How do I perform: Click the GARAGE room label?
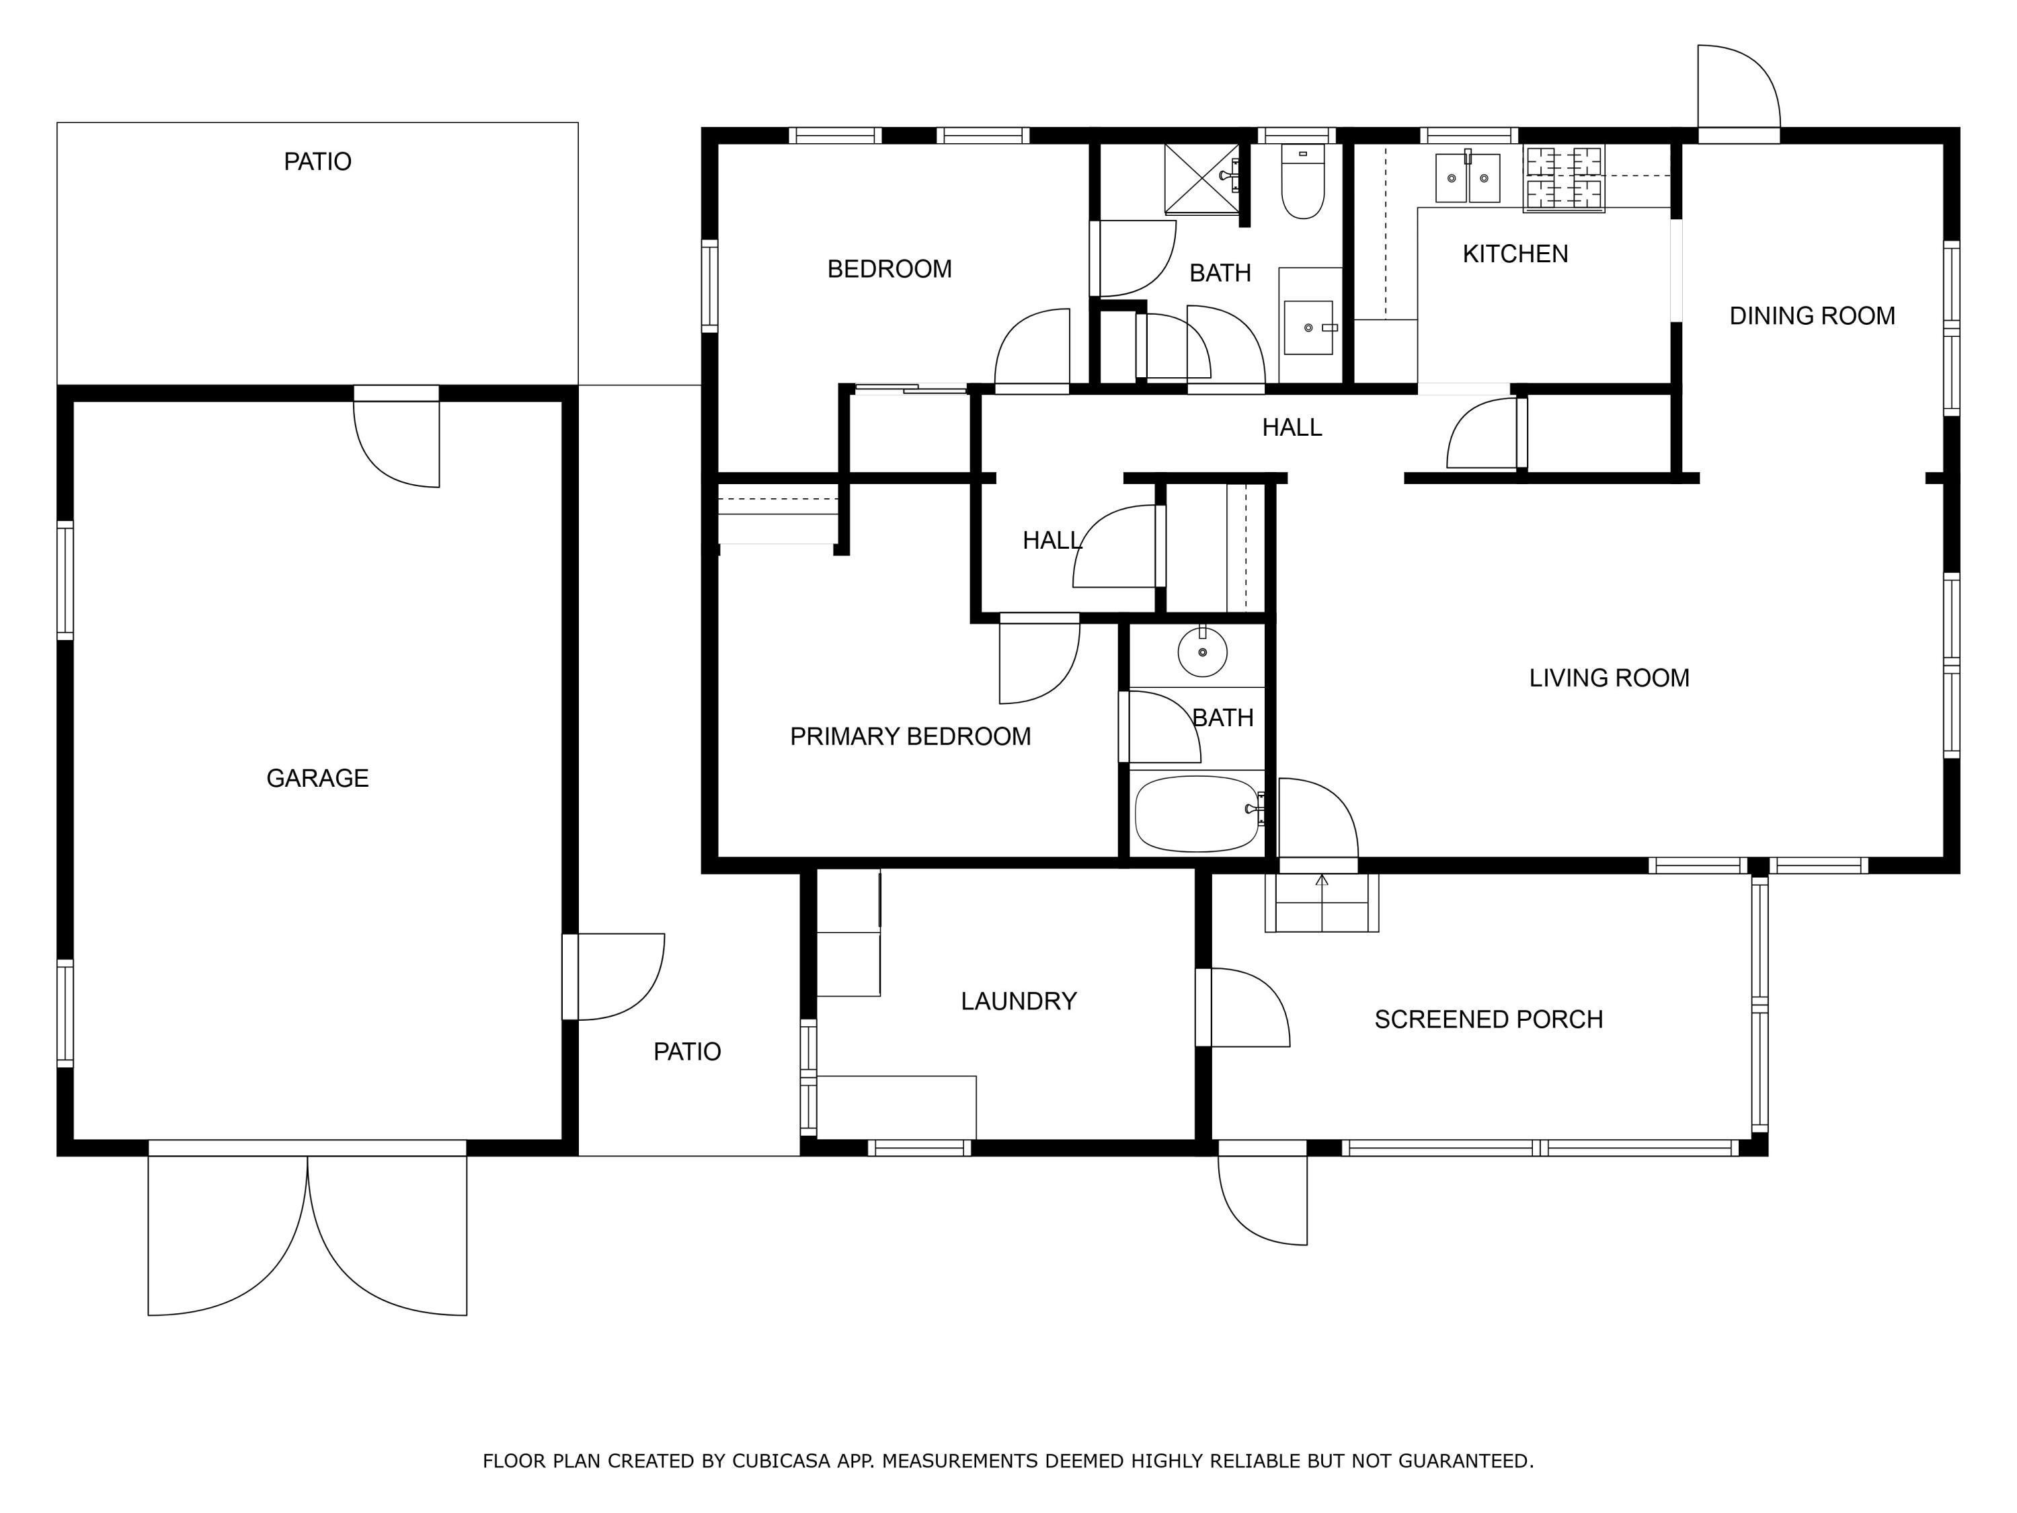pos(317,778)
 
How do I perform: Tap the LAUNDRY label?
pos(1019,1001)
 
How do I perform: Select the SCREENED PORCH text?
pos(1488,1019)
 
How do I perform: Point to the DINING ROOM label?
pos(1812,315)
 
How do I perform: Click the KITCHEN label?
pos(1515,254)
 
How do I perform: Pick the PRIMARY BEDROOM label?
pos(910,736)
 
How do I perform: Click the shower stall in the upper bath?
pos(1202,179)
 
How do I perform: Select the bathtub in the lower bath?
pos(1197,814)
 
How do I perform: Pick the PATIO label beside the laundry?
pos(686,1052)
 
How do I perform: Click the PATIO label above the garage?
pos(317,161)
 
